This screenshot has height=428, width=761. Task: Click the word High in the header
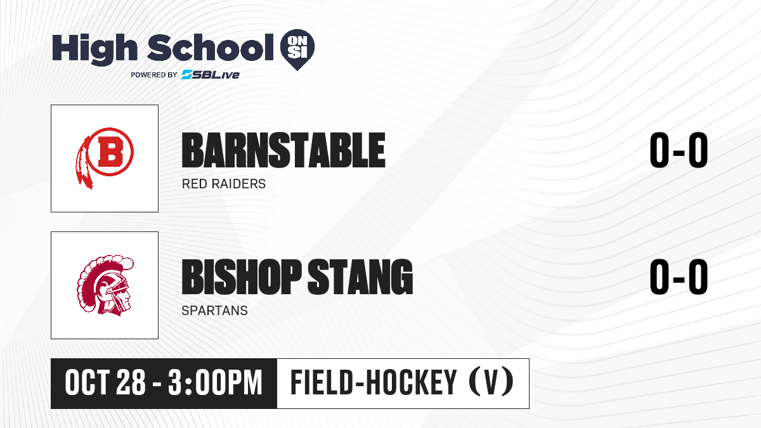[x=94, y=49]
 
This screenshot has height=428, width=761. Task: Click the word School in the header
[x=211, y=48]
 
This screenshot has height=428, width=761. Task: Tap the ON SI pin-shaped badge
[x=297, y=49]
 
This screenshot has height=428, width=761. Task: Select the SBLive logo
[x=210, y=74]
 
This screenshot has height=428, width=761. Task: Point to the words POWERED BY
[x=154, y=75]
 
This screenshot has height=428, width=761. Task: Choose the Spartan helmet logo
[x=105, y=285]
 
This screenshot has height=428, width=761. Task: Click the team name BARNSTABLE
[x=283, y=150]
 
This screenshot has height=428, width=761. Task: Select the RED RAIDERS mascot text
[x=223, y=184]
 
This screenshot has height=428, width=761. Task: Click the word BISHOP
[x=242, y=277]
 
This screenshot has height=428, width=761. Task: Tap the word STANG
[x=360, y=277]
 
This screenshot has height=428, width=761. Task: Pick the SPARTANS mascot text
[x=215, y=311]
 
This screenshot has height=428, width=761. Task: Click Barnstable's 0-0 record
[x=679, y=150]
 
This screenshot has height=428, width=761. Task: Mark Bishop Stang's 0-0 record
[x=679, y=277]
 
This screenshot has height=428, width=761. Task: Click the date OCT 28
[x=105, y=383]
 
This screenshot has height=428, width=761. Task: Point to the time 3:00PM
[x=215, y=383]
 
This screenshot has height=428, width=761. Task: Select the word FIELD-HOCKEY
[x=374, y=383]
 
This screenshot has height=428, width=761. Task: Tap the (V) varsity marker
[x=491, y=382]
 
